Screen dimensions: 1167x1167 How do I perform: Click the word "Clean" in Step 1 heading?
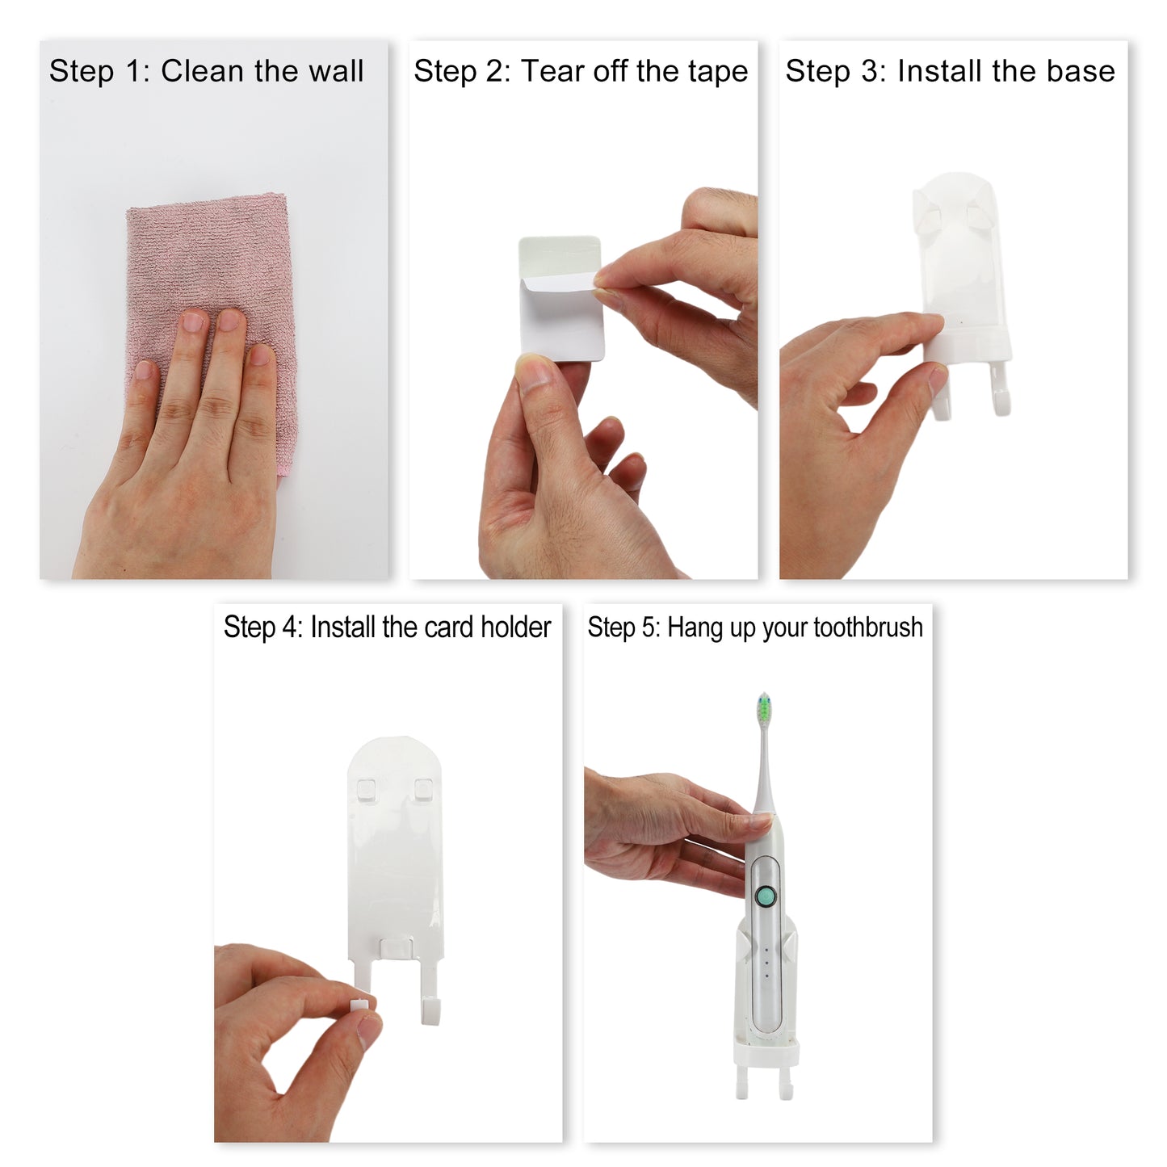click(x=204, y=71)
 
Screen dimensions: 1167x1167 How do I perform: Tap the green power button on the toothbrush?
click(x=765, y=896)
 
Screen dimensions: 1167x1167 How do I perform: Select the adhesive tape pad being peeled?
click(x=560, y=299)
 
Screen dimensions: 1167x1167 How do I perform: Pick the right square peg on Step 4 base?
click(x=422, y=788)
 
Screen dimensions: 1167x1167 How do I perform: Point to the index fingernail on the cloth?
click(x=194, y=322)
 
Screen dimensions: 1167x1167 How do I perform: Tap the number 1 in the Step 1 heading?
click(x=134, y=71)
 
